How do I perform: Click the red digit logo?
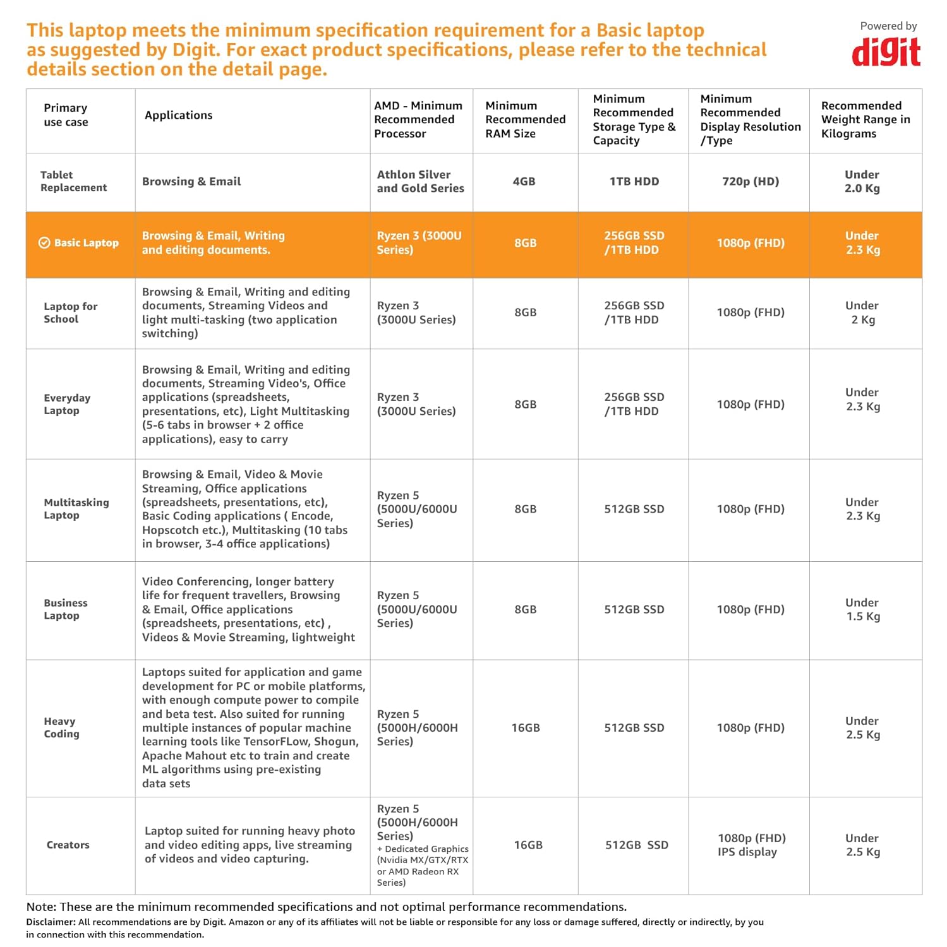(x=886, y=52)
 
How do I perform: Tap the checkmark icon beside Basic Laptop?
(x=44, y=243)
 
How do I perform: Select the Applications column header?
(x=178, y=116)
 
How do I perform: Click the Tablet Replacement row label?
(x=73, y=181)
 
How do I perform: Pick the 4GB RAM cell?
(x=524, y=182)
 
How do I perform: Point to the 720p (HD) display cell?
(x=750, y=182)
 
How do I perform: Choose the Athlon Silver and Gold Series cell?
(x=420, y=182)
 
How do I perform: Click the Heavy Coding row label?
(x=61, y=727)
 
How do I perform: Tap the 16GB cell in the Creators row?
(x=528, y=845)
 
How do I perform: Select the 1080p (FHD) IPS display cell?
(x=751, y=845)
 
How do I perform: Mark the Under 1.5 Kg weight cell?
(x=862, y=609)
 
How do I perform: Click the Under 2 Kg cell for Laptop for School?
(x=862, y=313)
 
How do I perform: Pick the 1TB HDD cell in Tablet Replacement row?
(x=634, y=182)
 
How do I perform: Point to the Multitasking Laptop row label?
(x=76, y=509)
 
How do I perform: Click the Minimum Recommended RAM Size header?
(x=525, y=120)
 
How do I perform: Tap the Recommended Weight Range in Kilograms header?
(x=865, y=120)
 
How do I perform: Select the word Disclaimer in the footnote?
(x=51, y=922)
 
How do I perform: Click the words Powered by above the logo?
(x=888, y=26)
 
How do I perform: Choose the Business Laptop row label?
(x=65, y=609)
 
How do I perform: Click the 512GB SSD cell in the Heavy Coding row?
(x=634, y=728)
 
